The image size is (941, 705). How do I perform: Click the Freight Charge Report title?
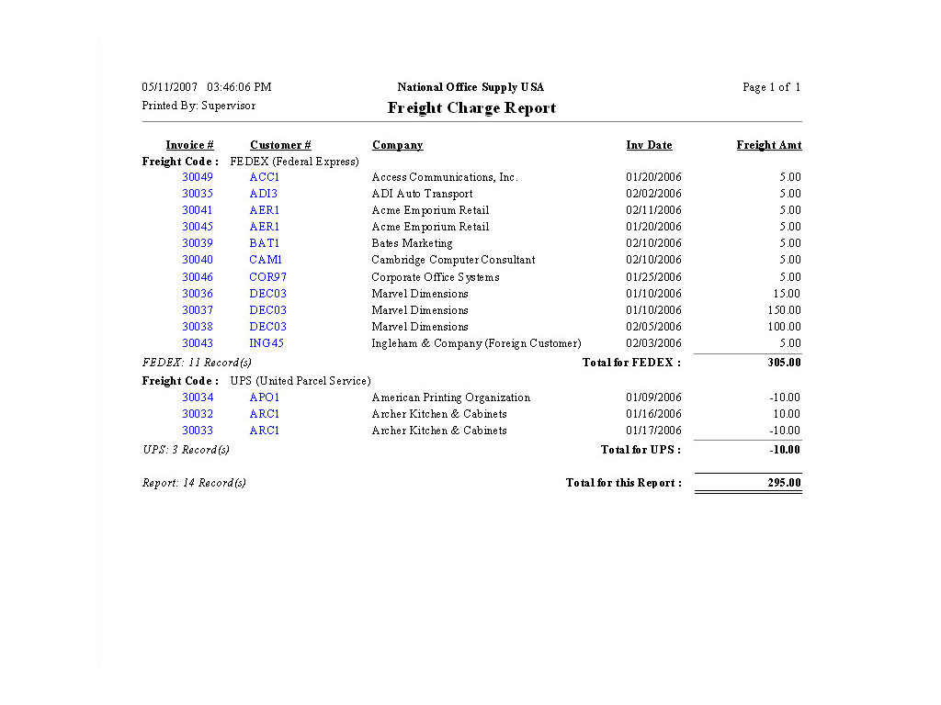pyautogui.click(x=471, y=108)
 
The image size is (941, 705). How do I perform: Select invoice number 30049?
pyautogui.click(x=198, y=177)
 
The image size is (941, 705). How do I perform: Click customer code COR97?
pyautogui.click(x=267, y=277)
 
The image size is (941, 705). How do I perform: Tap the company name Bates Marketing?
pyautogui.click(x=412, y=243)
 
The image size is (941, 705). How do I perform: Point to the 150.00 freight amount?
pyautogui.click(x=784, y=310)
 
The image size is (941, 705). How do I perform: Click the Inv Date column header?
pyautogui.click(x=649, y=145)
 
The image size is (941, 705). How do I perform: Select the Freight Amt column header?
pyautogui.click(x=768, y=145)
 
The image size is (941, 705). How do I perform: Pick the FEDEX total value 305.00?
pyautogui.click(x=784, y=363)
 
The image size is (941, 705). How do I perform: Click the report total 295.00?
pyautogui.click(x=784, y=483)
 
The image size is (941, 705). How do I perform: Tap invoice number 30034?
pyautogui.click(x=198, y=397)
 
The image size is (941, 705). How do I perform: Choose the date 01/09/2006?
pyautogui.click(x=653, y=397)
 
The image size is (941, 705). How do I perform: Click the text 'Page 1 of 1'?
pyautogui.click(x=771, y=87)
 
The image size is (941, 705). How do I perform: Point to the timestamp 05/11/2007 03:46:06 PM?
pyautogui.click(x=207, y=87)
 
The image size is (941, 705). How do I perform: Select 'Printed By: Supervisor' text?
pyautogui.click(x=198, y=106)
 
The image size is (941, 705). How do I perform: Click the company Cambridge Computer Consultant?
pyautogui.click(x=453, y=260)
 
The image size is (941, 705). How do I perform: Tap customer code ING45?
pyautogui.click(x=266, y=343)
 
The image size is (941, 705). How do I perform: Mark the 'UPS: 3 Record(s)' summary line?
pyautogui.click(x=186, y=450)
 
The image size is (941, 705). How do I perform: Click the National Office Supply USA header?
pyautogui.click(x=470, y=87)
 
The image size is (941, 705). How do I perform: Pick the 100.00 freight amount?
pyautogui.click(x=784, y=327)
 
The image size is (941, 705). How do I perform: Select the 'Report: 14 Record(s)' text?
pyautogui.click(x=194, y=483)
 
